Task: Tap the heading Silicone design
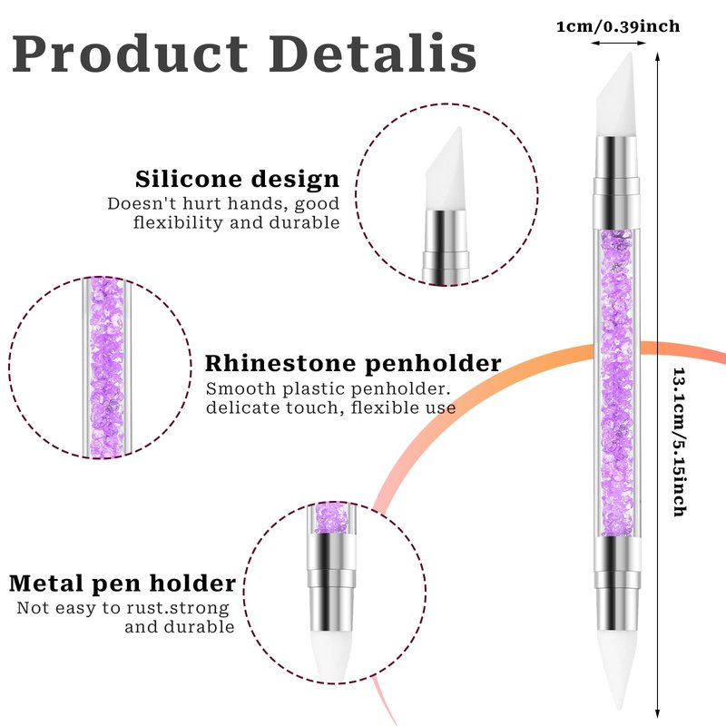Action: click(x=238, y=179)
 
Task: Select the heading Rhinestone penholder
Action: click(x=353, y=364)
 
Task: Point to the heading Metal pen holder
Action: click(x=123, y=584)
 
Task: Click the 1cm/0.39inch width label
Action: click(x=618, y=26)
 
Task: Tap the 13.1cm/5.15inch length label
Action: click(x=679, y=442)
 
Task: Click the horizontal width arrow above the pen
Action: click(x=618, y=43)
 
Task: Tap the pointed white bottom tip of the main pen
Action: click(x=616, y=672)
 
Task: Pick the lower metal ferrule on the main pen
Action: click(x=618, y=584)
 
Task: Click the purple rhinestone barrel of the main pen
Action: click(x=617, y=383)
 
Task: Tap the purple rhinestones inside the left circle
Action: click(x=107, y=368)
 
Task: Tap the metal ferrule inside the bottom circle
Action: click(x=331, y=584)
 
